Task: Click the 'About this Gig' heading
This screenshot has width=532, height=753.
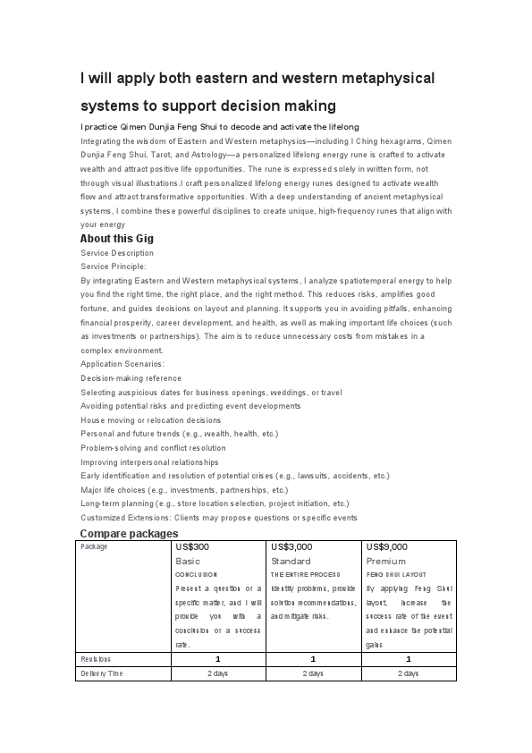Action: pos(117,239)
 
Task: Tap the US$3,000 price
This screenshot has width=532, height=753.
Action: pos(291,546)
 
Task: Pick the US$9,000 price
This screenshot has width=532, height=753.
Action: pos(386,546)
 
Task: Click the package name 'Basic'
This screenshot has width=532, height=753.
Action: pos(189,561)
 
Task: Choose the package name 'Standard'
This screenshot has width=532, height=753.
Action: pos(291,561)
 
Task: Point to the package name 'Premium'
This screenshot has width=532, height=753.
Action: pos(386,561)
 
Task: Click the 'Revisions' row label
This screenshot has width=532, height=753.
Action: pos(97,658)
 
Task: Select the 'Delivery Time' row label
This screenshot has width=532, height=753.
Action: pos(102,673)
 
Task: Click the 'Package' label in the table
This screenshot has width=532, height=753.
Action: pos(94,546)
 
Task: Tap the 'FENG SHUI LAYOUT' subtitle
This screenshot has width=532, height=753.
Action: pos(396,574)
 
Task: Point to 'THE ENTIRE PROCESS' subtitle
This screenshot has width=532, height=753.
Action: pos(305,574)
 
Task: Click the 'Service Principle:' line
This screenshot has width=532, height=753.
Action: pos(113,267)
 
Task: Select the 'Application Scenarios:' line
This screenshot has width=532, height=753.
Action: pos(122,364)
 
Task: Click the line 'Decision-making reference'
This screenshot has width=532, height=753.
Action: pos(131,378)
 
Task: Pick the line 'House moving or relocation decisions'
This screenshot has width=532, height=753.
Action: pos(150,419)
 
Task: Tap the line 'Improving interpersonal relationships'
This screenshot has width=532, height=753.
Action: pos(149,461)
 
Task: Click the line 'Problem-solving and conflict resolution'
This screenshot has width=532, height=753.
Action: pos(153,447)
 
